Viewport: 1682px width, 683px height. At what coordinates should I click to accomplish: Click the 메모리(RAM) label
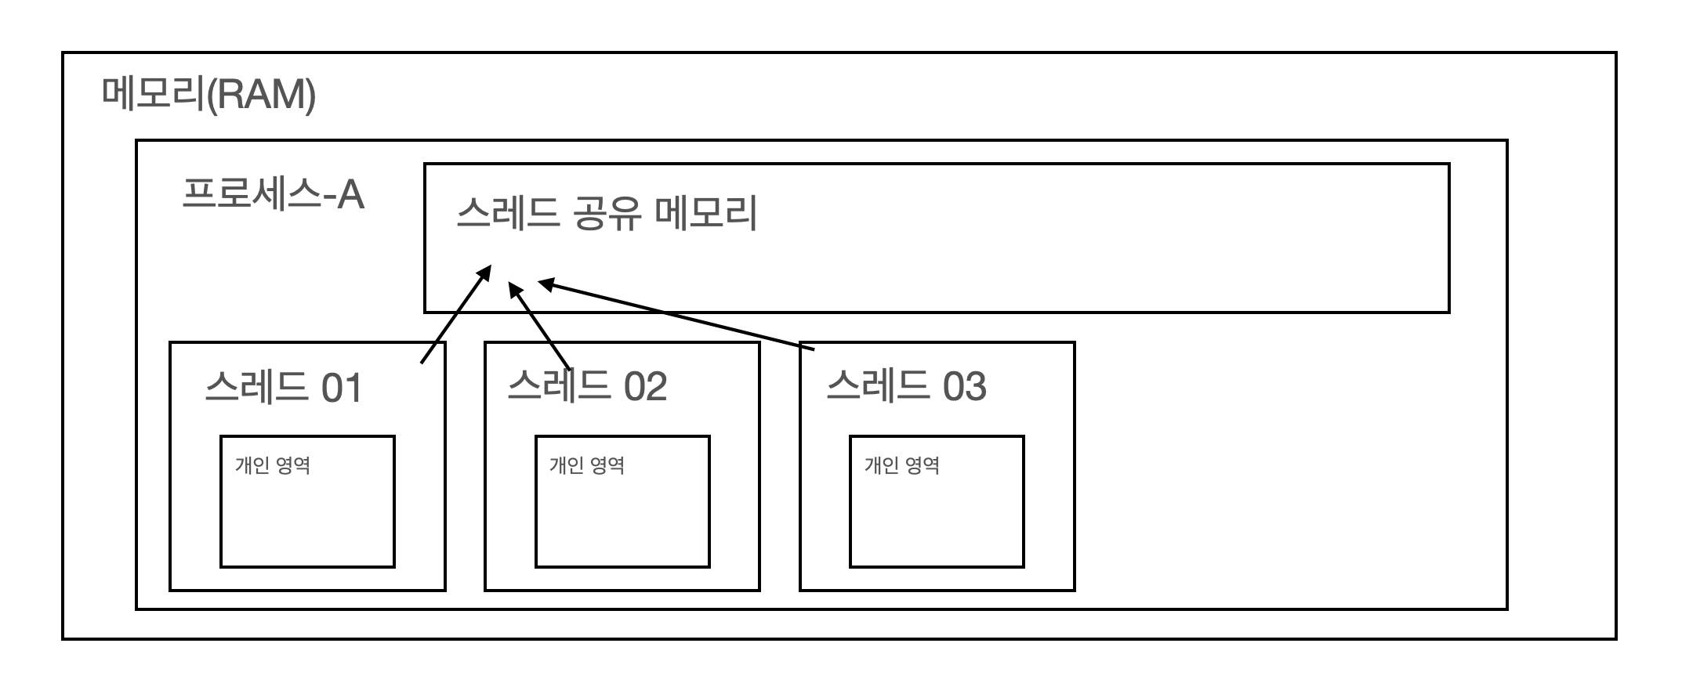pyautogui.click(x=208, y=96)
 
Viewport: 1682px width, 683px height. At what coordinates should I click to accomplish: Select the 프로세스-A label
pyautogui.click(x=273, y=193)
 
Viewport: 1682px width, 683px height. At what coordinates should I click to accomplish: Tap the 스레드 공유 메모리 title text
pyautogui.click(x=606, y=213)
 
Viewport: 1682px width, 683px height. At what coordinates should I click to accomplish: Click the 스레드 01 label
pyautogui.click(x=283, y=388)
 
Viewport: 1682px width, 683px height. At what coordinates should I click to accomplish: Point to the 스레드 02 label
pyautogui.click(x=587, y=385)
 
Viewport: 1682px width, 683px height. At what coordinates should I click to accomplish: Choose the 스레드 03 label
pyautogui.click(x=906, y=385)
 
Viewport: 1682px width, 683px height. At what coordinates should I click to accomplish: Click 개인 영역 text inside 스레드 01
pyautogui.click(x=273, y=465)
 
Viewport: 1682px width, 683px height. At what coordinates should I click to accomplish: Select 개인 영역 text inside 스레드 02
pyautogui.click(x=587, y=465)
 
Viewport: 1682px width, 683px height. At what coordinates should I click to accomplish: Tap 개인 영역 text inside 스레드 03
pyautogui.click(x=902, y=465)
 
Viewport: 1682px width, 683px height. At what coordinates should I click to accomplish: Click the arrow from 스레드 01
pyautogui.click(x=455, y=316)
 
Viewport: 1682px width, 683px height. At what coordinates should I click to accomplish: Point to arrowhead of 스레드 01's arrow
pyautogui.click(x=485, y=273)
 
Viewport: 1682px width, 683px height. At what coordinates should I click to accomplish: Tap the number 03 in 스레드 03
pyautogui.click(x=964, y=386)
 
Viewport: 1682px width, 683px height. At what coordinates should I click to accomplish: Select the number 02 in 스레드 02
pyautogui.click(x=646, y=386)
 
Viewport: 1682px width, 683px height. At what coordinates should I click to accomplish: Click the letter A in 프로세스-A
pyautogui.click(x=350, y=194)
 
